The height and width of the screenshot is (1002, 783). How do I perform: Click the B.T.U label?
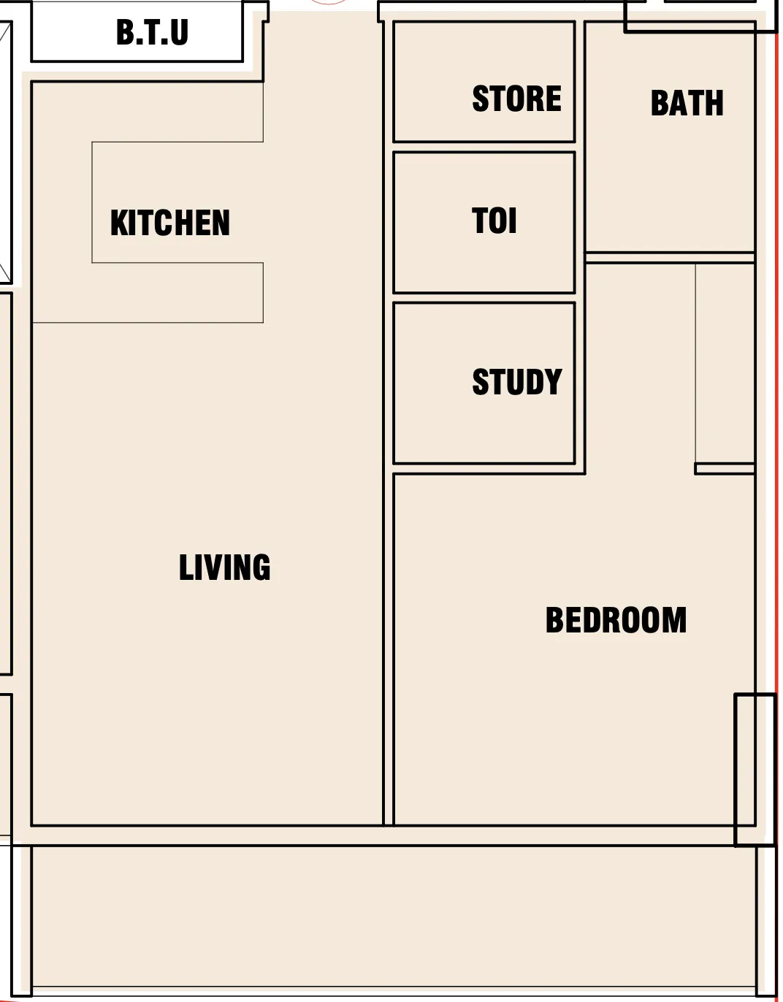pos(152,32)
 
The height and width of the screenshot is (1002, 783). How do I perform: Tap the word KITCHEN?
pos(170,223)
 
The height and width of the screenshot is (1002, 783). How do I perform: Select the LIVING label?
pos(224,567)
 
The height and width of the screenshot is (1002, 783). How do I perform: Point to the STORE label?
pos(517,99)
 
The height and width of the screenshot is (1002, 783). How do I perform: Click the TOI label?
pos(494,221)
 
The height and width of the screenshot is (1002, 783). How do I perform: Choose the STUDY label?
pos(517,382)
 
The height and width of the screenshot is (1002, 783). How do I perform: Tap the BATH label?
pos(687,103)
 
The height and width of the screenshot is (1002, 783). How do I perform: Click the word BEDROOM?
pos(616,620)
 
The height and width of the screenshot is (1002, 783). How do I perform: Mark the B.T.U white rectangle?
pos(137,31)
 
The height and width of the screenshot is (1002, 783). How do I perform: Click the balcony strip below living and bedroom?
pos(394,917)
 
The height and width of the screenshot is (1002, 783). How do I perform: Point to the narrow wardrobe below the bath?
pos(725,364)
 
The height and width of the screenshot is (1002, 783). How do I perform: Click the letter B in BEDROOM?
pos(554,620)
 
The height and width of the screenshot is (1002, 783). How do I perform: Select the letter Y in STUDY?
pos(554,382)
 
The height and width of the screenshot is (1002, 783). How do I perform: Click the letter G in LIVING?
pos(261,567)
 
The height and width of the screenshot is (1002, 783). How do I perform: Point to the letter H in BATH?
pos(715,103)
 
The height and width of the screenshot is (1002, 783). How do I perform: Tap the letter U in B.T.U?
pos(179,32)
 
